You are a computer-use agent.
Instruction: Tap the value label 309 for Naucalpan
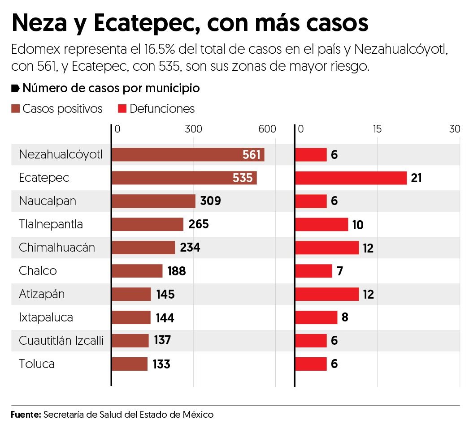pyautogui.click(x=210, y=201)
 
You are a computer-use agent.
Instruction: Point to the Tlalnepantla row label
pyautogui.click(x=51, y=224)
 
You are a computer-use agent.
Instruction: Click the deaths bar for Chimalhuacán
pyautogui.click(x=327, y=248)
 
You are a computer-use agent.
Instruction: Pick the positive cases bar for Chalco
pyautogui.click(x=137, y=271)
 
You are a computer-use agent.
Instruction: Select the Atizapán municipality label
pyautogui.click(x=42, y=294)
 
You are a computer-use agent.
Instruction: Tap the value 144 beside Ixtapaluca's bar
pyautogui.click(x=165, y=318)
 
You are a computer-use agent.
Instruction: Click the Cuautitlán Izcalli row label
pyautogui.click(x=61, y=341)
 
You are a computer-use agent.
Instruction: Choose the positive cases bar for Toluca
pyautogui.click(x=129, y=364)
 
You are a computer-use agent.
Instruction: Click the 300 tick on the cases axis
pyautogui.click(x=193, y=129)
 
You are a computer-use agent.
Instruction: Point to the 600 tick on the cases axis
pyautogui.click(x=267, y=129)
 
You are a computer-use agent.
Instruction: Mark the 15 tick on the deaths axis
pyautogui.click(x=377, y=129)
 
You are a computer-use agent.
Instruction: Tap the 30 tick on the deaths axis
pyautogui.click(x=455, y=129)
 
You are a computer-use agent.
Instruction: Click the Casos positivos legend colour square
pyautogui.click(x=16, y=109)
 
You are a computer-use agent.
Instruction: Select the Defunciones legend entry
pyautogui.click(x=162, y=109)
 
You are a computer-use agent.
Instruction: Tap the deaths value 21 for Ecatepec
pyautogui.click(x=417, y=178)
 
